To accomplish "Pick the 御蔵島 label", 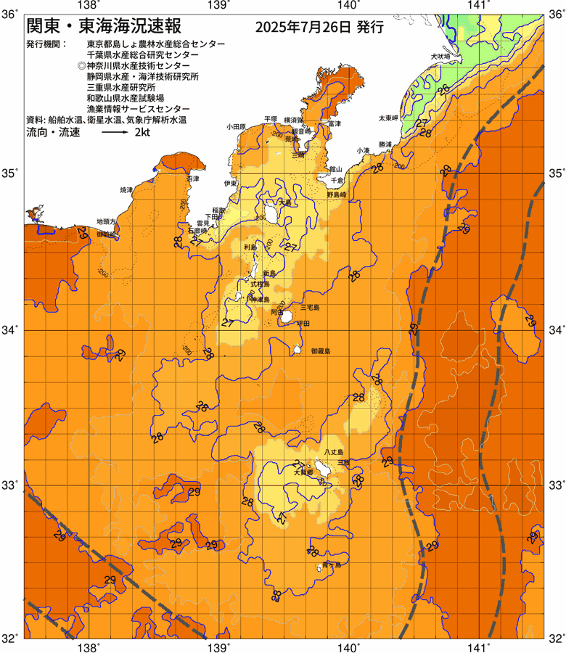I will [x=319, y=351].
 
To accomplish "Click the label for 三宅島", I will [x=311, y=308].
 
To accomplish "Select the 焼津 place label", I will [x=127, y=189].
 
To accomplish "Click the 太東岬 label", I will [x=388, y=118].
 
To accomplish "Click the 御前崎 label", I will [x=107, y=234].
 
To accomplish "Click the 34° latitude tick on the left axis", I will [x=12, y=330].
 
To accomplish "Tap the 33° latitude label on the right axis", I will [x=556, y=484].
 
